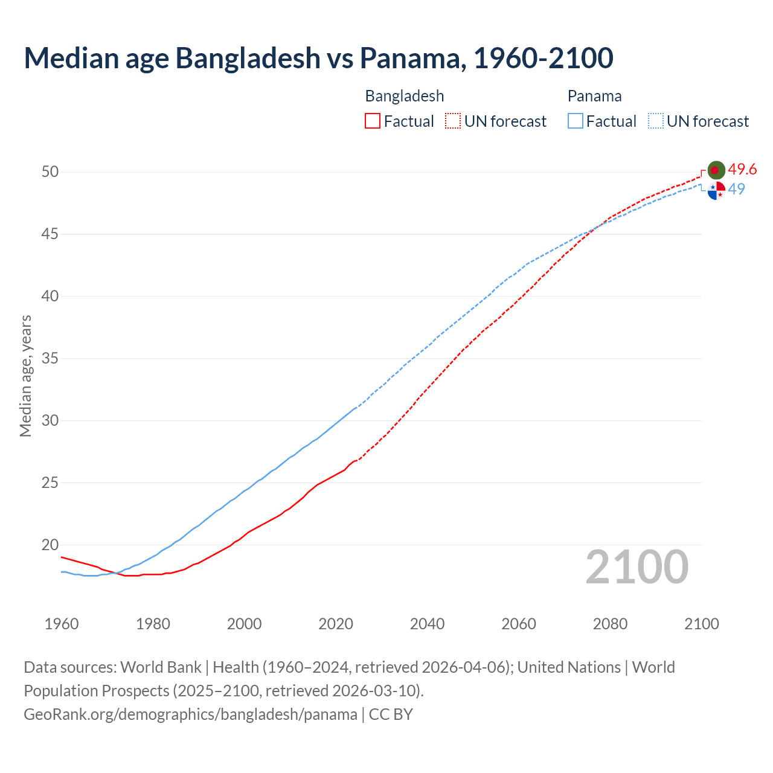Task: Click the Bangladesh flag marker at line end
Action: click(716, 170)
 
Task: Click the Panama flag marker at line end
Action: click(716, 190)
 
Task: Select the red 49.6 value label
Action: click(742, 170)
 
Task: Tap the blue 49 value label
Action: click(736, 189)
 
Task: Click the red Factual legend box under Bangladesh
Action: click(373, 121)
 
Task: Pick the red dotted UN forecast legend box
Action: click(453, 121)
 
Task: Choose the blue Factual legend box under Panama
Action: click(575, 121)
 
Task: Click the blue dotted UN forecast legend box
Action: click(655, 121)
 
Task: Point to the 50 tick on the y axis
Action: click(50, 172)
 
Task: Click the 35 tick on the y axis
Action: click(50, 359)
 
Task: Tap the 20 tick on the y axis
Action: click(50, 545)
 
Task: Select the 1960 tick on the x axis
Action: click(62, 624)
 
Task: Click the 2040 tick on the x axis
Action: click(427, 624)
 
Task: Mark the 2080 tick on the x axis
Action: click(610, 624)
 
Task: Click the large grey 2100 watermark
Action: click(637, 566)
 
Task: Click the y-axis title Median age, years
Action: click(25, 376)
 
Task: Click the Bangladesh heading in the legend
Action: click(405, 96)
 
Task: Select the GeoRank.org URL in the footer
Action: click(190, 714)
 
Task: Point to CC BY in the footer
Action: click(391, 714)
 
